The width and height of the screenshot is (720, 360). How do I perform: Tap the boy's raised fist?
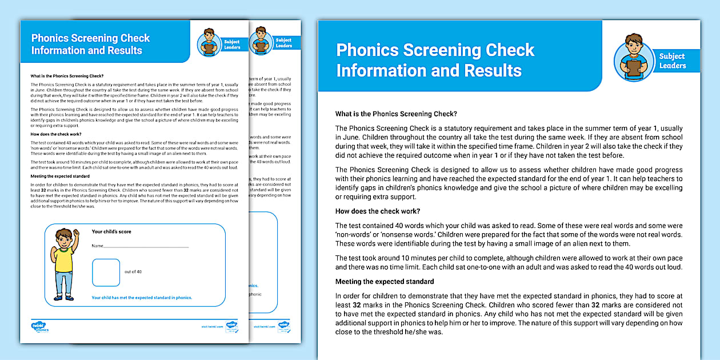75,233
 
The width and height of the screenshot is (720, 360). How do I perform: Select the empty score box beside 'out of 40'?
106,272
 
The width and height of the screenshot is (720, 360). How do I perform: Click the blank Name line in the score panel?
146,246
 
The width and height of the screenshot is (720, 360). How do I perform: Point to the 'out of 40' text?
133,272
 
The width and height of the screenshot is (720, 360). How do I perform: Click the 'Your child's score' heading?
111,231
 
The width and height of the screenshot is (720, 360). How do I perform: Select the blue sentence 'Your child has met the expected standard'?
142,298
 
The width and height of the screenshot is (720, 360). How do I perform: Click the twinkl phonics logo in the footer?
40,327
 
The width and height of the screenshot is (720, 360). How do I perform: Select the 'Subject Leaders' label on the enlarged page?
672,61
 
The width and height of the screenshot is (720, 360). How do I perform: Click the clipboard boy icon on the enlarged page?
634,55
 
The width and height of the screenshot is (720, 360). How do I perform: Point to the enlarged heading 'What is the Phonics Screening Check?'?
396,114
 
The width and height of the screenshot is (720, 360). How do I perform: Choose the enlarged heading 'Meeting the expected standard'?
385,282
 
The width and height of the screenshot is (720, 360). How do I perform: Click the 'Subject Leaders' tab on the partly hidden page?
283,43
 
